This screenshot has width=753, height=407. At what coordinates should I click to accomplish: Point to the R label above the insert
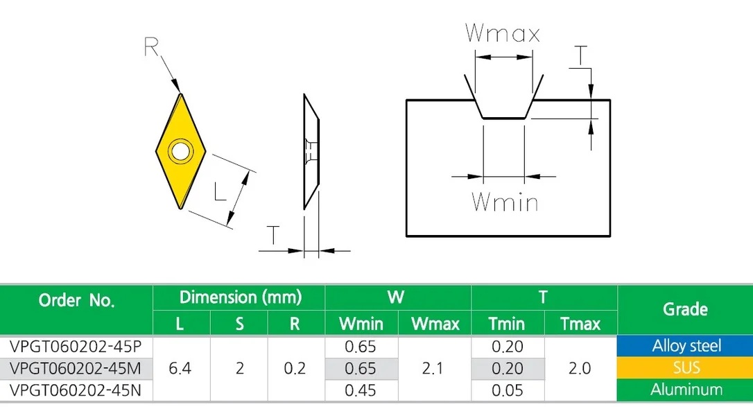[x=150, y=47]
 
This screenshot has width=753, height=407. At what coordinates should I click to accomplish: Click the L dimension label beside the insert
[x=220, y=191]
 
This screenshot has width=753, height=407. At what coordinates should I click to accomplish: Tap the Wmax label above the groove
[x=502, y=33]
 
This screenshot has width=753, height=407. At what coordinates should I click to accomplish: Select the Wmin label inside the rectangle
[x=505, y=202]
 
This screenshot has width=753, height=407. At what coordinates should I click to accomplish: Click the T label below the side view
[x=272, y=235]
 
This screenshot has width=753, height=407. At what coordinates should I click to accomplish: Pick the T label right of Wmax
[x=580, y=55]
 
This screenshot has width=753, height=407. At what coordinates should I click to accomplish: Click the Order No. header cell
[x=76, y=300]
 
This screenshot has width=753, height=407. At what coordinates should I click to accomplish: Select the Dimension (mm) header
[x=240, y=297]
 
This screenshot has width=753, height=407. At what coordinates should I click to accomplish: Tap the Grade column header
[x=685, y=309]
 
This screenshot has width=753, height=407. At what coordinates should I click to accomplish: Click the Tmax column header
[x=580, y=324]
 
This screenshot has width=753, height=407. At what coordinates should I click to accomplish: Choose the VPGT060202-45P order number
[x=76, y=346]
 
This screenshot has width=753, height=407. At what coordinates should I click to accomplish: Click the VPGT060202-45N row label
[x=76, y=390]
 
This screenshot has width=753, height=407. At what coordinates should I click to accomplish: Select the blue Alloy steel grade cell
[x=685, y=345]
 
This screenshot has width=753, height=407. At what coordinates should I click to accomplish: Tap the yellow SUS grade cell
[x=685, y=367]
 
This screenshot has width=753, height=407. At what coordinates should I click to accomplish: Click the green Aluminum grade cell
[x=685, y=389]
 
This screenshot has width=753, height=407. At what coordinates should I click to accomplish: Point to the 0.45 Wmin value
[x=361, y=390]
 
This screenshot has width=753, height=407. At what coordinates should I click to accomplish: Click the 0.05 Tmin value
[x=507, y=390]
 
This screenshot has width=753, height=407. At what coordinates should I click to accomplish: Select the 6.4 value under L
[x=180, y=368]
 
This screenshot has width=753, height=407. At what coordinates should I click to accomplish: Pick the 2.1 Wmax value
[x=433, y=368]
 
